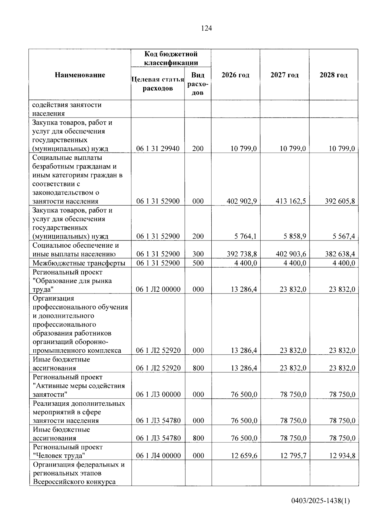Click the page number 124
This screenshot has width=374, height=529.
point(206,28)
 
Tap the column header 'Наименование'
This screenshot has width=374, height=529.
point(80,75)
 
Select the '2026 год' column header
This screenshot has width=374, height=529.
point(235,75)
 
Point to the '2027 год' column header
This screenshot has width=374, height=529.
point(285,75)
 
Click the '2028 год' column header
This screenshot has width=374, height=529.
point(333,75)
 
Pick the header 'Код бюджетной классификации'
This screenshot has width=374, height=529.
point(171,58)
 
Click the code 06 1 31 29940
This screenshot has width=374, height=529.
point(158,148)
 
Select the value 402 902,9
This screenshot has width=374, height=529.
point(242,201)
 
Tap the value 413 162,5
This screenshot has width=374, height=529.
point(291,201)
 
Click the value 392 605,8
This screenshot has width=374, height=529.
point(340,201)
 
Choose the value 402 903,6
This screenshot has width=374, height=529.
point(291,254)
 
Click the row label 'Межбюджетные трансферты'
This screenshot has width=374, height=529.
point(79,263)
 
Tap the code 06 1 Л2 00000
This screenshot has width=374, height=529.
point(158,289)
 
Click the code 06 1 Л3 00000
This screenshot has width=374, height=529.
point(158,394)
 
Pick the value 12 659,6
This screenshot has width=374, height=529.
point(244,456)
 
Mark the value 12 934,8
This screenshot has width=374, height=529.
point(342,456)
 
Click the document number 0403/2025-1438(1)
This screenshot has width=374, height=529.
point(321,501)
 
